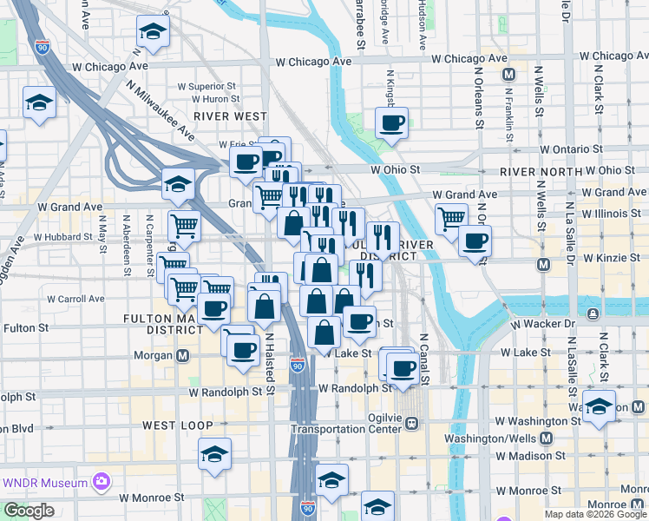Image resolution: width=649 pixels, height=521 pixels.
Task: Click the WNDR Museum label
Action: pyautogui.click(x=46, y=483)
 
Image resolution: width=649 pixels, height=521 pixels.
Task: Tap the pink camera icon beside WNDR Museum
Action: pyautogui.click(x=102, y=482)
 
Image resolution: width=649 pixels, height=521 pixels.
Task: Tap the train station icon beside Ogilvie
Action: pyautogui.click(x=412, y=423)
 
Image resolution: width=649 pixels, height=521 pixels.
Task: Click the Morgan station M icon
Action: pyautogui.click(x=183, y=355)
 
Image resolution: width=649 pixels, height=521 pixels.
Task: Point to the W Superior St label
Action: pyautogui.click(x=207, y=87)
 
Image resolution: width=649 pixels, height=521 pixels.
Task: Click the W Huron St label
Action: pyautogui.click(x=208, y=100)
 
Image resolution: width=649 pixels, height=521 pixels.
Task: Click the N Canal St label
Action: pyautogui.click(x=424, y=358)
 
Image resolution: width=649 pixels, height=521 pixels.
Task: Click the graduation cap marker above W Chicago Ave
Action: pyautogui.click(x=153, y=32)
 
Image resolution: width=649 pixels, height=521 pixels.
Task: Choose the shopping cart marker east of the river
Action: pyautogui.click(x=451, y=219)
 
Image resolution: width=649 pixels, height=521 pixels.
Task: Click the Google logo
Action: pyautogui.click(x=28, y=511)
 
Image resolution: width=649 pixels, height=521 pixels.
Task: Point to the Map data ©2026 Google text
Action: pyautogui.click(x=595, y=514)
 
